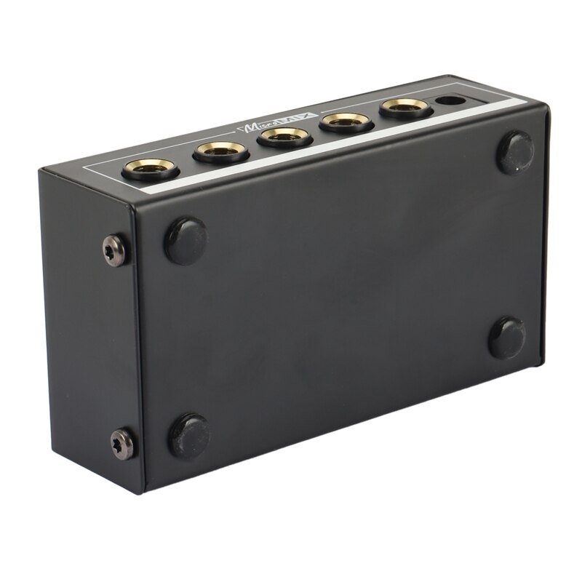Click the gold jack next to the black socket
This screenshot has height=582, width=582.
pos(406,108)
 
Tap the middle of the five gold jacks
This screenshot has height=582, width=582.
pos(285,135)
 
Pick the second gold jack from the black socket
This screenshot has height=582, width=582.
pos(347,121)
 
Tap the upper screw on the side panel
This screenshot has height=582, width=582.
pos(116,250)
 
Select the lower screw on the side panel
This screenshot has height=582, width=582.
pos(123,444)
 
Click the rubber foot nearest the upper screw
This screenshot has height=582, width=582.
pos(186,240)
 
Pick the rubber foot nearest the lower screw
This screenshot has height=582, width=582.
pos(190,435)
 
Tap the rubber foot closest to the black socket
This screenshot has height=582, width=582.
pos(515,152)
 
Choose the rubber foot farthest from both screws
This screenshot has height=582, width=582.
pos(507,338)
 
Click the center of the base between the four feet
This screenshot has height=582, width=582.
pos(349,291)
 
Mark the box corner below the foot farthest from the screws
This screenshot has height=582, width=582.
pos(542,364)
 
